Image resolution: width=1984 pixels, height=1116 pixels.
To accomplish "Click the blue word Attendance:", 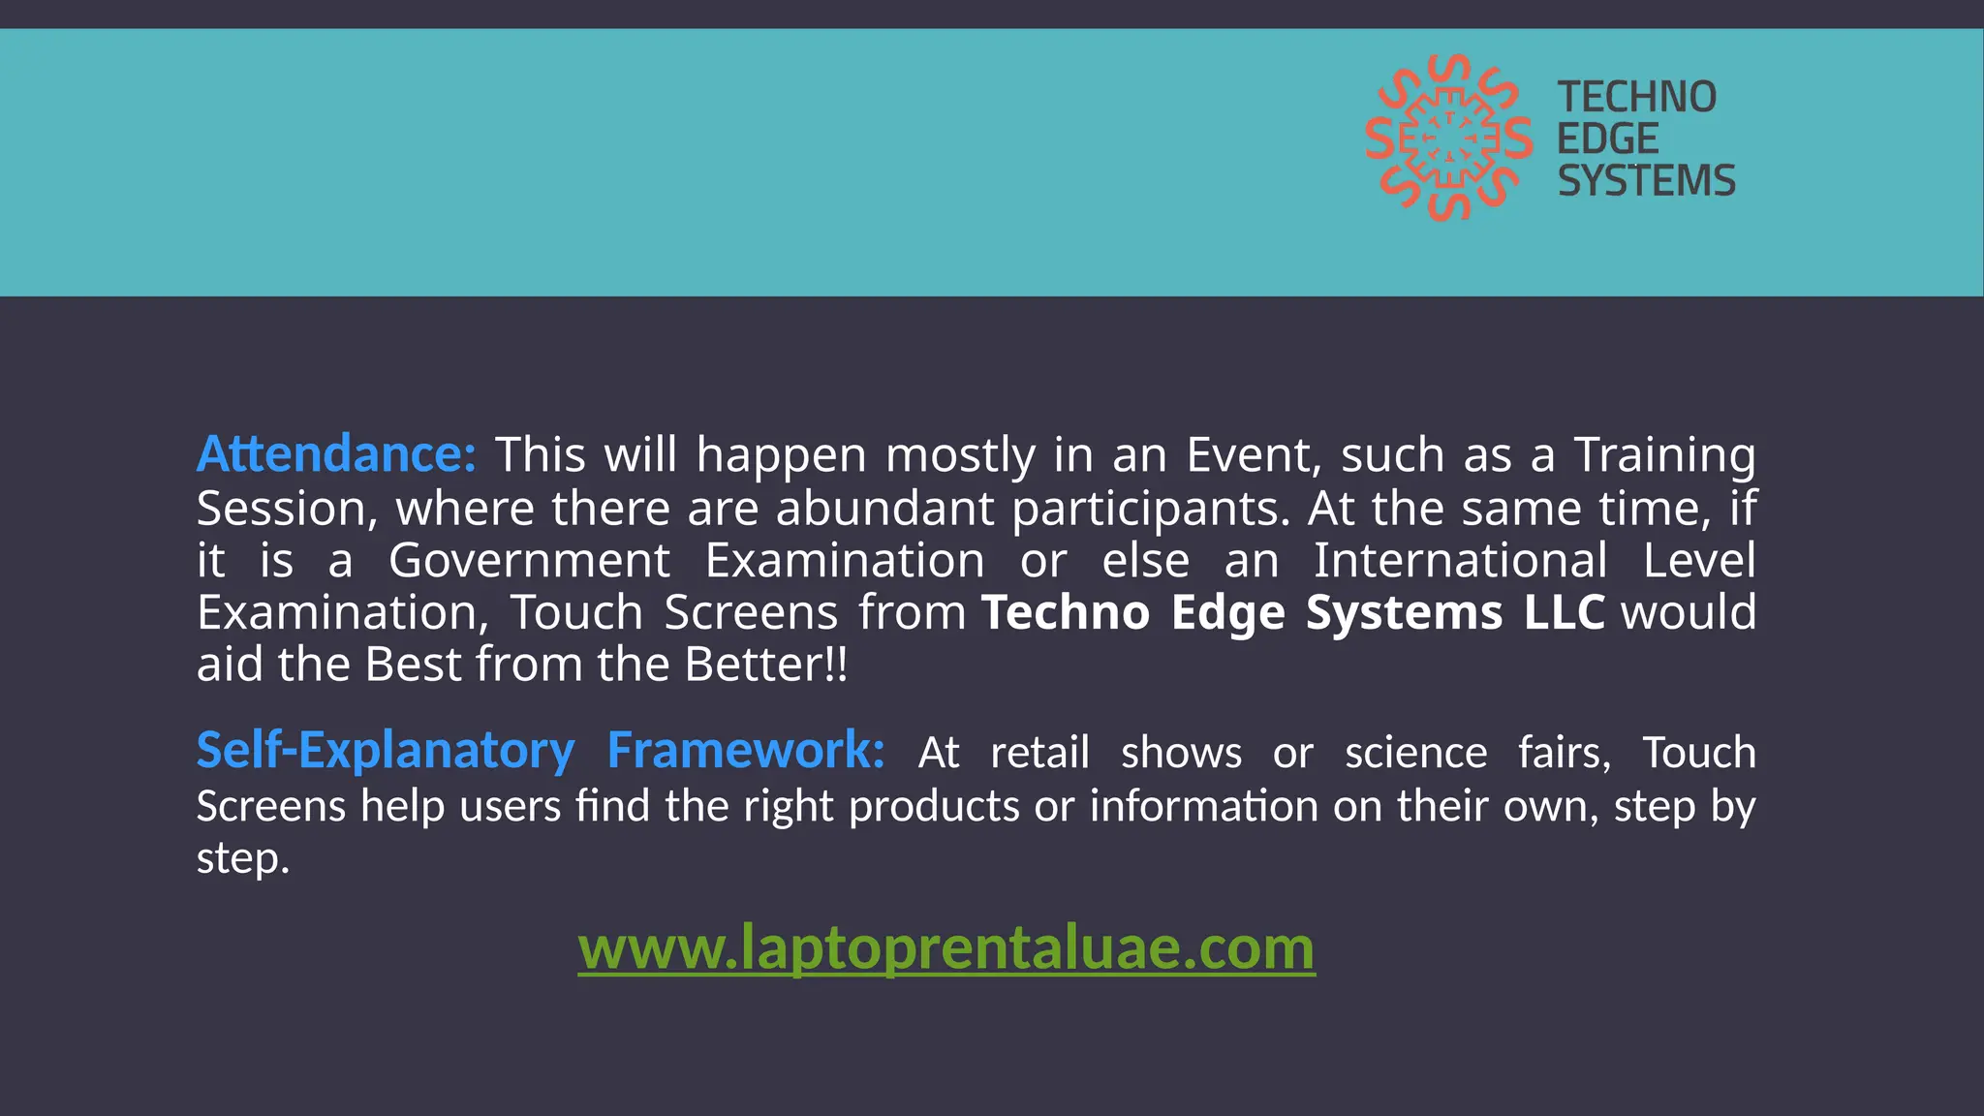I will tap(336, 454).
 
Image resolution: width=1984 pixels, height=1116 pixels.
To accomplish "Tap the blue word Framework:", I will tap(745, 751).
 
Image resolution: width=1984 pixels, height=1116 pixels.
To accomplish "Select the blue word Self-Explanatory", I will tap(386, 751).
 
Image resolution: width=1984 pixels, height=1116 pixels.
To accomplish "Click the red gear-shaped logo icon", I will tap(1448, 139).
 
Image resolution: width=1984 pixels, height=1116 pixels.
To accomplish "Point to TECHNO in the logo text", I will tap(1636, 97).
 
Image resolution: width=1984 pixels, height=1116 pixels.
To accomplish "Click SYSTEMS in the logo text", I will tap(1646, 181).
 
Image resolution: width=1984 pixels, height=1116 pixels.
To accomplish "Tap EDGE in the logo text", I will tap(1607, 139).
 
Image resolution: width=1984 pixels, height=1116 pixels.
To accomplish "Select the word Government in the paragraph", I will tap(529, 560).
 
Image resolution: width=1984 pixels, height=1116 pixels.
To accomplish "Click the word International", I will tap(1460, 560).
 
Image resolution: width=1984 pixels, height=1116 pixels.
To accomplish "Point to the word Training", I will tap(1663, 454).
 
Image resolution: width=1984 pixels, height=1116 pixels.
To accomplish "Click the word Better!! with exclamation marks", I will tap(765, 665).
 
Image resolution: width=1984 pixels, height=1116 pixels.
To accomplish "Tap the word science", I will tap(1415, 753).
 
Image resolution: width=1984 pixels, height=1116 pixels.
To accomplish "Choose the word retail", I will tap(1039, 753).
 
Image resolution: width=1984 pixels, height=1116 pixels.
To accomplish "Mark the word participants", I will tap(1151, 509).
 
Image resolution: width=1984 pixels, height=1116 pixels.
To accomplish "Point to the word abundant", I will tap(884, 508).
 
